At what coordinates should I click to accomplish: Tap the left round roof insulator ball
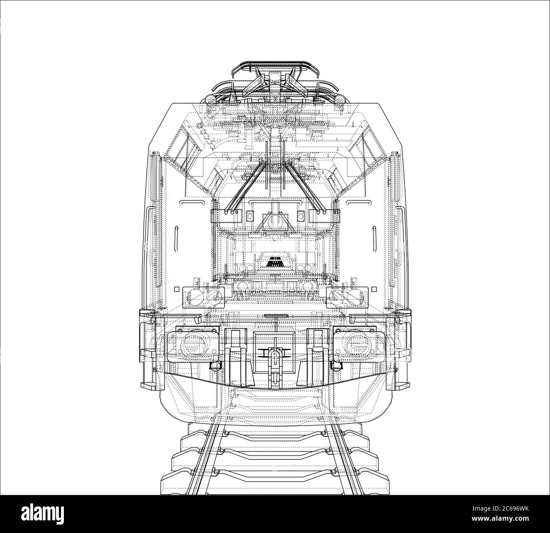[211, 100]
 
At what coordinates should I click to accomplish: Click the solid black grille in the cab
[275, 262]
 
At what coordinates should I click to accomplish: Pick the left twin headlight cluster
[203, 297]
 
